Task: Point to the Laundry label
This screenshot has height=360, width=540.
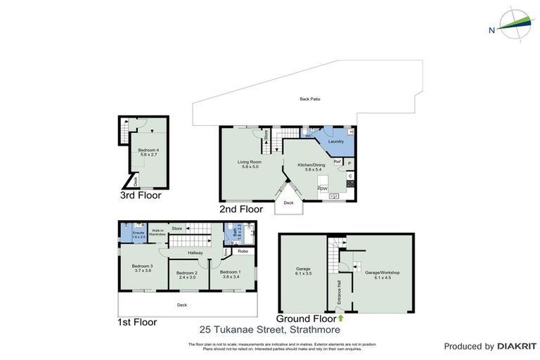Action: (x=335, y=141)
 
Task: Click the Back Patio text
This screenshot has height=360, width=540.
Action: (x=309, y=99)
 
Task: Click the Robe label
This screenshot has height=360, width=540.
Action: (x=243, y=250)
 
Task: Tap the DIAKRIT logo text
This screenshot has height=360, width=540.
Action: (x=516, y=346)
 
